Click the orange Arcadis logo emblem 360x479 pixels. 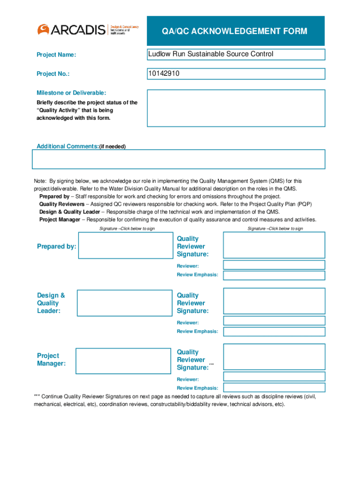tap(43, 29)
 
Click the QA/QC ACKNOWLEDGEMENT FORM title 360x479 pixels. tap(235, 31)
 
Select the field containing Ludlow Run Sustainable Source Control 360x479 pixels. tap(236, 55)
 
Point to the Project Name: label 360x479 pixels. tap(56, 55)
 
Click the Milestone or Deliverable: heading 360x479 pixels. tap(72, 93)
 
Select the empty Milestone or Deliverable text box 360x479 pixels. tap(236, 108)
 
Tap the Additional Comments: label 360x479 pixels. tap(68, 146)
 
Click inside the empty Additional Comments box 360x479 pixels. tap(178, 159)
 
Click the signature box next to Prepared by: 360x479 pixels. tap(125, 246)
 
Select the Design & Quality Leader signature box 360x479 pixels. tap(124, 303)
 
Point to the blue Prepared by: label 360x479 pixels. tap(57, 247)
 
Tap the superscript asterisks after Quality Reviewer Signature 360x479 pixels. tap(212, 364)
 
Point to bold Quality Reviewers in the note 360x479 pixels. tap(62, 204)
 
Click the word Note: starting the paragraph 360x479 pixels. tap(40, 181)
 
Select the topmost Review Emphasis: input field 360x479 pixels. tap(274, 275)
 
